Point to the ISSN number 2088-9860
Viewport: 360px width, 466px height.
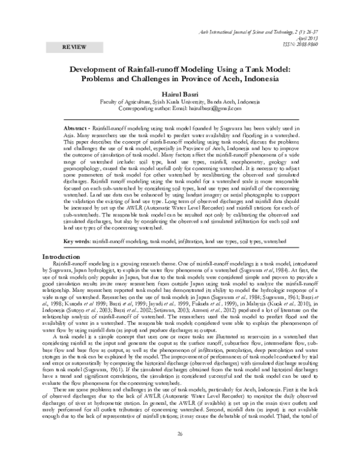tap(318, 43)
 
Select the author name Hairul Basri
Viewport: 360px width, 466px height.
tap(179, 94)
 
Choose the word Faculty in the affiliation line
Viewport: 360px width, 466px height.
tap(111, 102)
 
